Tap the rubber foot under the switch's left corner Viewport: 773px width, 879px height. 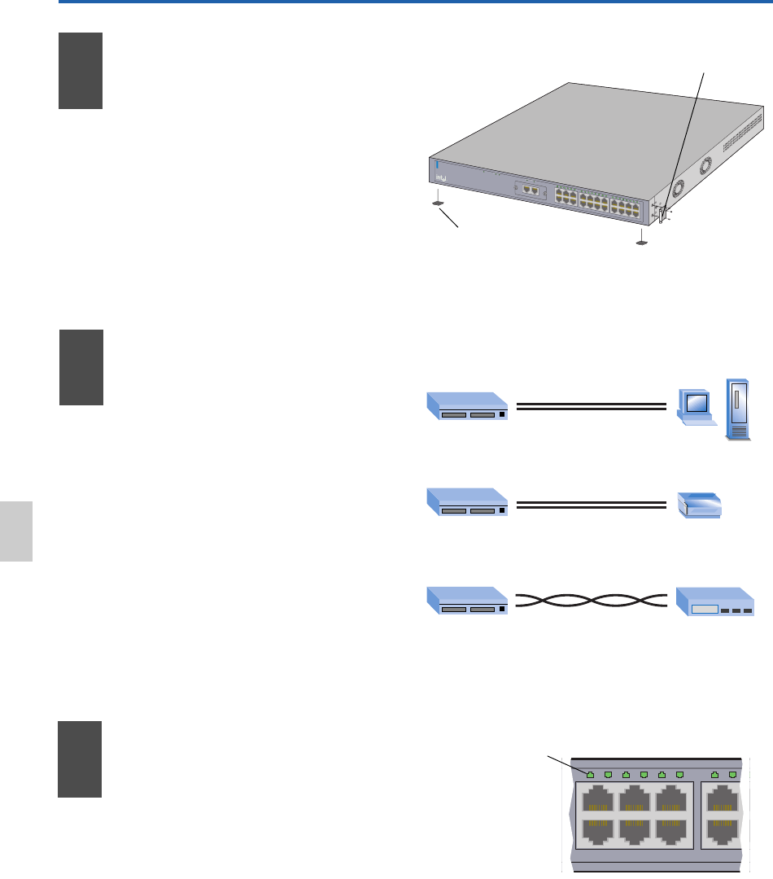click(437, 202)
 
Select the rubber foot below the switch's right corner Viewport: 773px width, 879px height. click(642, 242)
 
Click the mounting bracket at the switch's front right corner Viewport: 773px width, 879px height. click(663, 214)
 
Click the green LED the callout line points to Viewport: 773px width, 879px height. click(590, 773)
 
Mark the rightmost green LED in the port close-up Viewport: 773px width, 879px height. click(733, 773)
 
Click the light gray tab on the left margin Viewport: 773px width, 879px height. click(16, 531)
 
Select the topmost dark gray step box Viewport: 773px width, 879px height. click(81, 71)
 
